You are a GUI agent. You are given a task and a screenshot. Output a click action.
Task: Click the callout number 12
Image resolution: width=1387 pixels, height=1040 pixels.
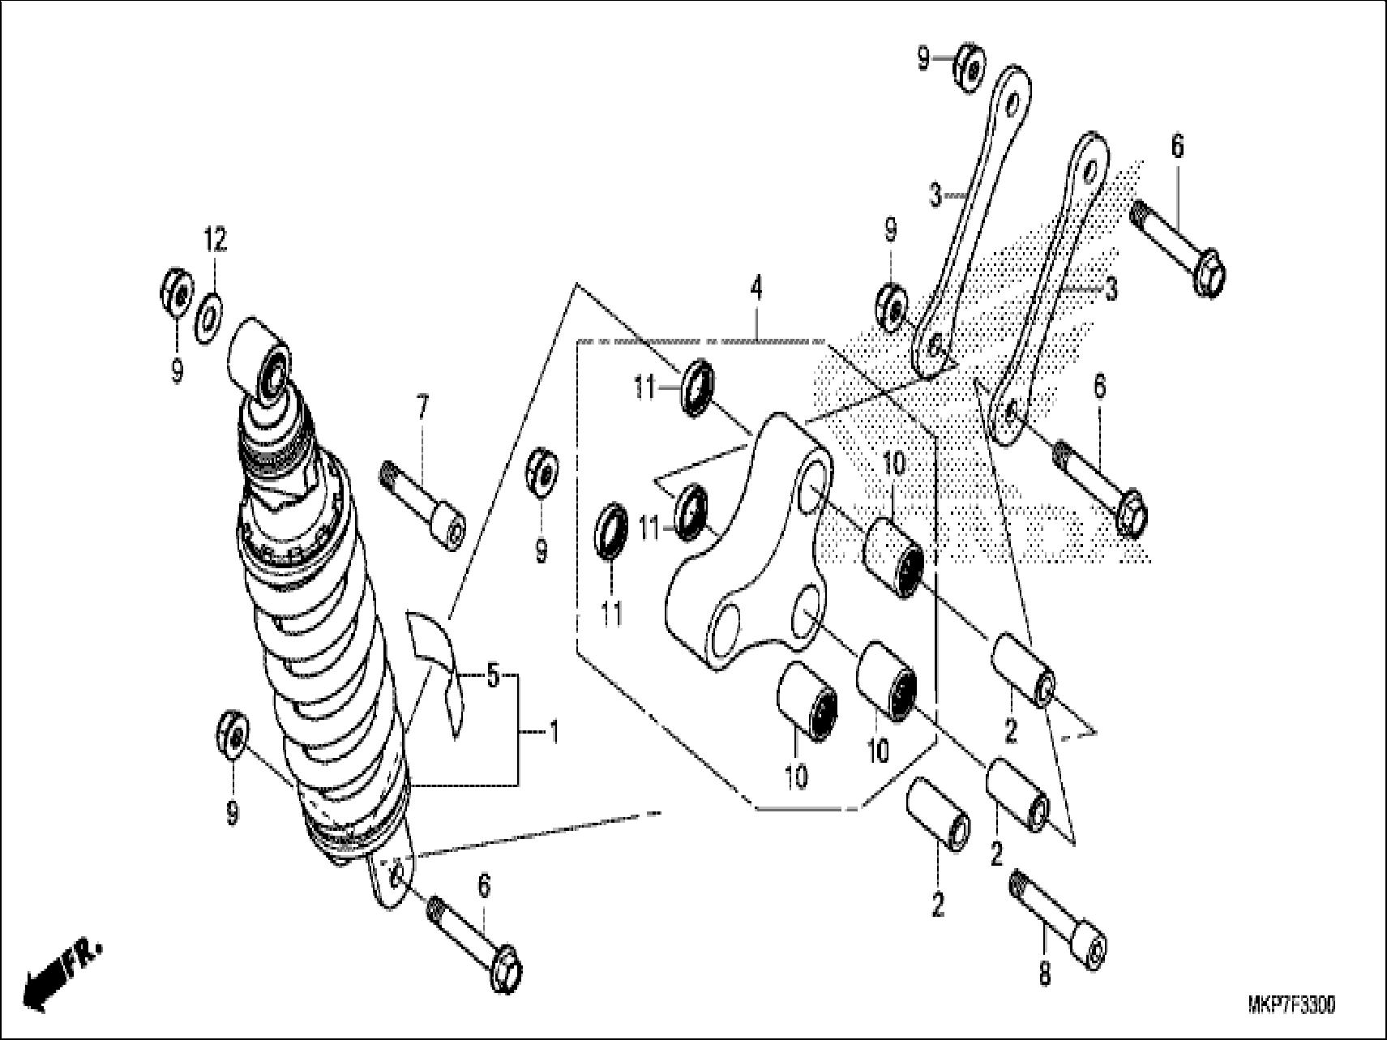point(215,241)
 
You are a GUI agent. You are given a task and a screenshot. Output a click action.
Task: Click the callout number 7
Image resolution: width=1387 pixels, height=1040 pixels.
point(422,409)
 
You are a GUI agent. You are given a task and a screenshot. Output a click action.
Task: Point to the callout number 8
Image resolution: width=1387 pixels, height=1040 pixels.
point(1044,974)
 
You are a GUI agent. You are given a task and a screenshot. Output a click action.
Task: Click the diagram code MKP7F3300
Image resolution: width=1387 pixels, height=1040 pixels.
point(1291,1006)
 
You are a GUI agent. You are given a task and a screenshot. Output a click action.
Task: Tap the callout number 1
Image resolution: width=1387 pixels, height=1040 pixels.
point(553,733)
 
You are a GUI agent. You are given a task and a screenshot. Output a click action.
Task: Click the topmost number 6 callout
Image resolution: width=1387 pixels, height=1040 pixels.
point(1176,146)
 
